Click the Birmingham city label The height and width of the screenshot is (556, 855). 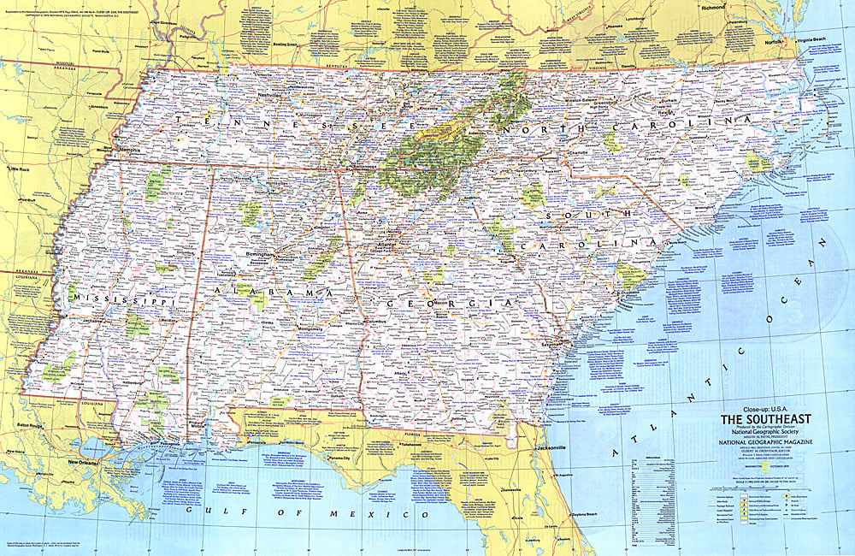point(259,254)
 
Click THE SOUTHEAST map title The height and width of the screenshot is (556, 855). point(764,419)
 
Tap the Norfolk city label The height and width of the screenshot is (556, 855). point(774,40)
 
